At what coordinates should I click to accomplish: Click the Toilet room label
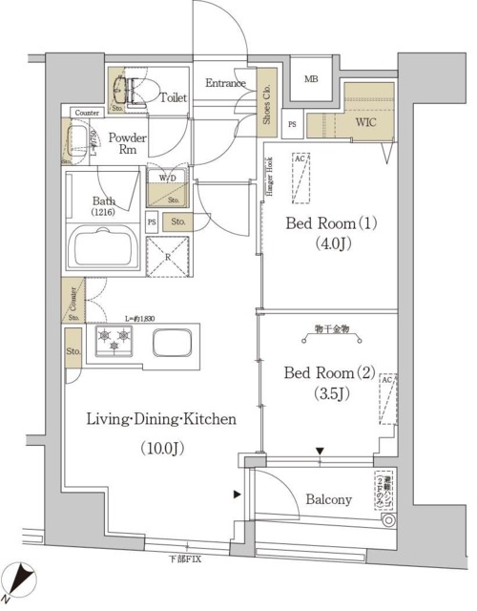click(x=173, y=96)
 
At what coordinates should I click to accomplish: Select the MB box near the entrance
click(x=312, y=81)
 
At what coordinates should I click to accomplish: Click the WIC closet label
click(x=366, y=122)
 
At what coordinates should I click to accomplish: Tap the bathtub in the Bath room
click(x=102, y=253)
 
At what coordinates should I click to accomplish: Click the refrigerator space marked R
click(x=168, y=258)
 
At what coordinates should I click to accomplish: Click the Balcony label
click(x=330, y=499)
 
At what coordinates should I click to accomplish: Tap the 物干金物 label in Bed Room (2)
click(x=331, y=329)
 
